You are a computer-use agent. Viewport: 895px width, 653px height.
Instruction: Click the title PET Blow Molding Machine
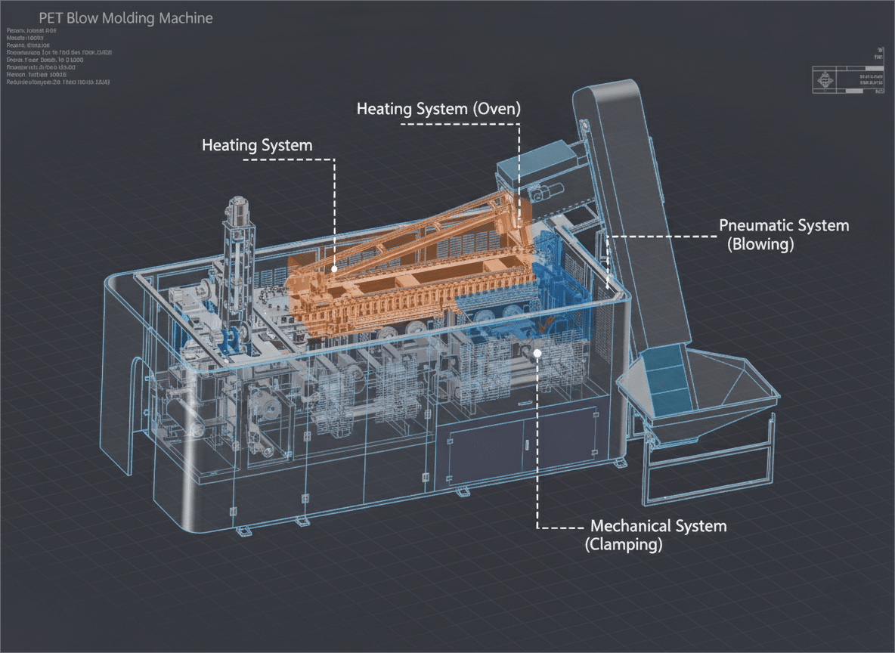point(125,18)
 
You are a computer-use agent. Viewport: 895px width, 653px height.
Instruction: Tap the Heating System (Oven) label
point(438,109)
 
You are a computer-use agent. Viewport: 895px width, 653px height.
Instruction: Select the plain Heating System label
point(257,145)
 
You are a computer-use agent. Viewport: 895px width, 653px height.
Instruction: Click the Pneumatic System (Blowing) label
point(783,234)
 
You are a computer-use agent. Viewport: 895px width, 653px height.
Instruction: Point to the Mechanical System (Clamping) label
point(656,534)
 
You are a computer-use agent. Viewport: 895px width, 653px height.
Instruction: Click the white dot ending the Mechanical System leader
point(537,352)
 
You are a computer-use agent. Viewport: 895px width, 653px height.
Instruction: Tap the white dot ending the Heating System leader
point(333,268)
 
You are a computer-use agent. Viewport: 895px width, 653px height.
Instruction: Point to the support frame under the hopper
point(707,469)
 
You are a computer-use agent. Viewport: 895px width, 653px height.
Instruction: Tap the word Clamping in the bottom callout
point(624,544)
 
